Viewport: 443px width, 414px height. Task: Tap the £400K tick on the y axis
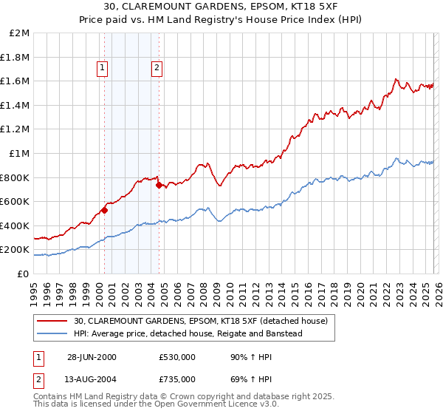(15, 225)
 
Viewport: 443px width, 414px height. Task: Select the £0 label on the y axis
(24, 274)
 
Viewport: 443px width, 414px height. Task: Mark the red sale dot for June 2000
(105, 210)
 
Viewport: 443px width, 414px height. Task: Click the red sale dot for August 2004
(159, 186)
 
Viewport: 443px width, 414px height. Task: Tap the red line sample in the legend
(53, 321)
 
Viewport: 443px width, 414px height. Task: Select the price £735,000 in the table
(177, 379)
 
